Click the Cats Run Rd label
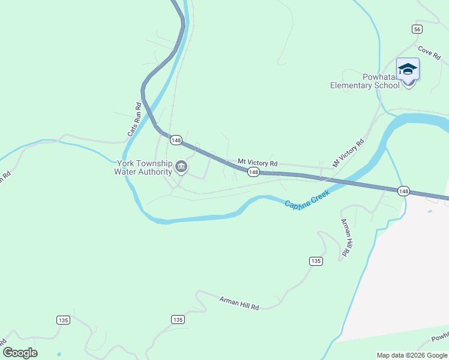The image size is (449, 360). [x=134, y=119]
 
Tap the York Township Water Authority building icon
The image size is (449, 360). [x=181, y=166]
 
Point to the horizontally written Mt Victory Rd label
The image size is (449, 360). [x=258, y=163]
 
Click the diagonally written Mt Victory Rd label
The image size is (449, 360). [x=349, y=153]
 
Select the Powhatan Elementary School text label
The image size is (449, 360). [x=364, y=81]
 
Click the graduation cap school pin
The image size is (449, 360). [x=408, y=70]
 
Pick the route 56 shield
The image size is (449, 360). [x=417, y=29]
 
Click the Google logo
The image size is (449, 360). [x=20, y=353]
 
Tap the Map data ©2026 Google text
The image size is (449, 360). [x=411, y=355]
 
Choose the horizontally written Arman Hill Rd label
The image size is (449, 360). [x=239, y=302]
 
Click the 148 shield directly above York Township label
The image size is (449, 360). [x=176, y=140]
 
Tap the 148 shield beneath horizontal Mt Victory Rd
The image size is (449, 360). [x=253, y=172]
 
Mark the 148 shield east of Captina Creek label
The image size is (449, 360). [x=403, y=191]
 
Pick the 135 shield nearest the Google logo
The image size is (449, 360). [x=63, y=320]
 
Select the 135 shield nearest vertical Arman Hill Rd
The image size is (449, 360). [x=316, y=261]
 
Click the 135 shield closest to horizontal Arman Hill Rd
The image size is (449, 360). [x=177, y=320]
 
